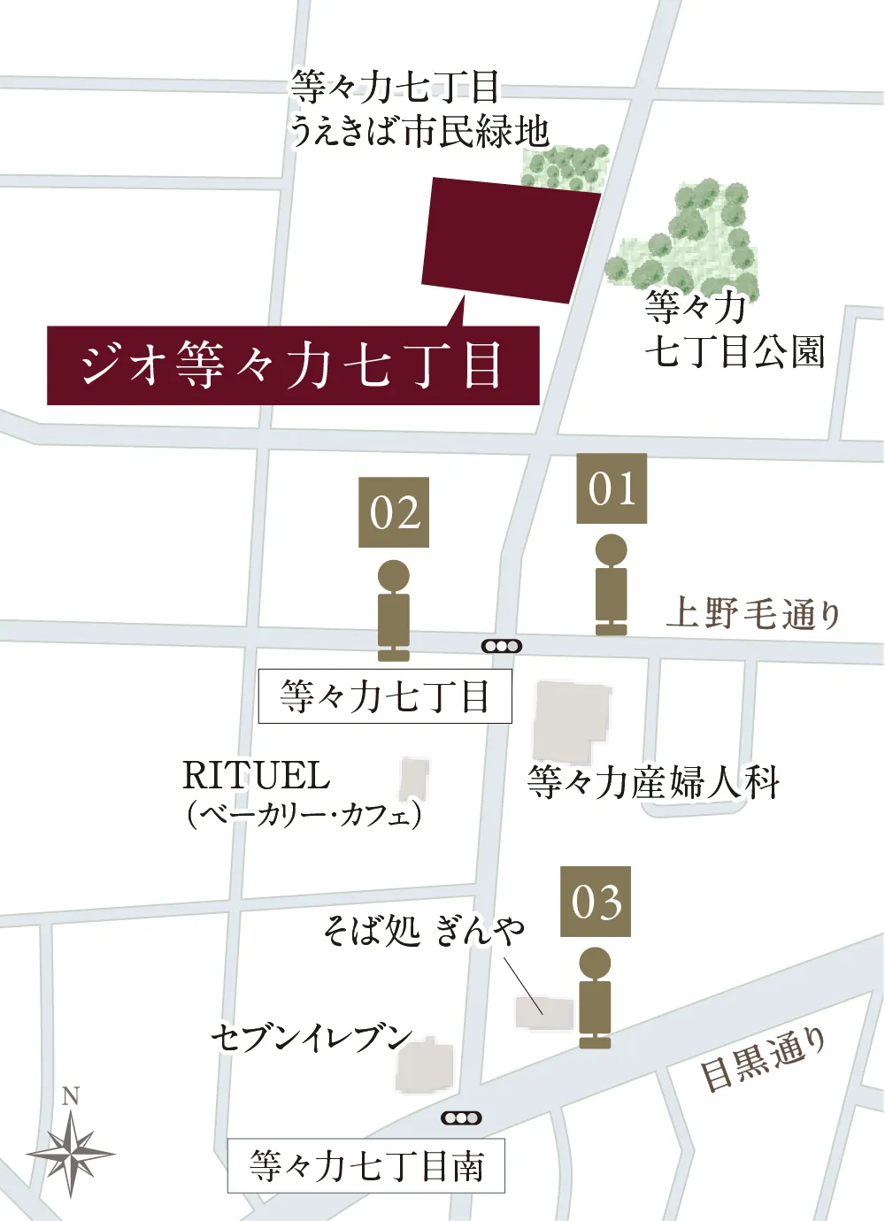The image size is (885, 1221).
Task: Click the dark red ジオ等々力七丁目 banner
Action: pyautogui.click(x=293, y=365)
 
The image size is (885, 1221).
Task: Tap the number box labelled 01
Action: pyautogui.click(x=612, y=488)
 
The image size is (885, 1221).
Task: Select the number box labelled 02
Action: pyautogui.click(x=394, y=512)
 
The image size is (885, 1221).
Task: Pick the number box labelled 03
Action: pyautogui.click(x=596, y=902)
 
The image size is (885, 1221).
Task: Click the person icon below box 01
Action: pyautogui.click(x=611, y=585)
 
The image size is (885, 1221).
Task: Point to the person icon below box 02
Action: pyautogui.click(x=394, y=610)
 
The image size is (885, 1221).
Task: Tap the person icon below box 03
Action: pyautogui.click(x=595, y=998)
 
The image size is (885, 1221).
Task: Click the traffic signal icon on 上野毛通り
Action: pyautogui.click(x=502, y=646)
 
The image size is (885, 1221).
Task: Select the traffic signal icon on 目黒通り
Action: pyautogui.click(x=461, y=1117)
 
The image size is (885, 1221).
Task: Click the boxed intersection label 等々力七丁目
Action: pyautogui.click(x=385, y=696)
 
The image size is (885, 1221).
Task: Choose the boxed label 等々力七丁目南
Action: pyautogui.click(x=366, y=1165)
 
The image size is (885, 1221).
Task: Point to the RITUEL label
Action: pyautogui.click(x=256, y=776)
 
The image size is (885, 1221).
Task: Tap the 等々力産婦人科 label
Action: pyautogui.click(x=653, y=782)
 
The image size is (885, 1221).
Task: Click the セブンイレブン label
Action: pyautogui.click(x=312, y=1037)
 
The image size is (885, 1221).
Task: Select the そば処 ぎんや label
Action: pyautogui.click(x=423, y=930)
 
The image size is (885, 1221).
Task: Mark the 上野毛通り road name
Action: pyautogui.click(x=752, y=613)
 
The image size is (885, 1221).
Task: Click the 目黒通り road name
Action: pyautogui.click(x=763, y=1059)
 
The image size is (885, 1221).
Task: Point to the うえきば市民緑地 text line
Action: pyautogui.click(x=419, y=133)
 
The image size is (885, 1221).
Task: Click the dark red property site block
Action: pyautogui.click(x=509, y=239)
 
